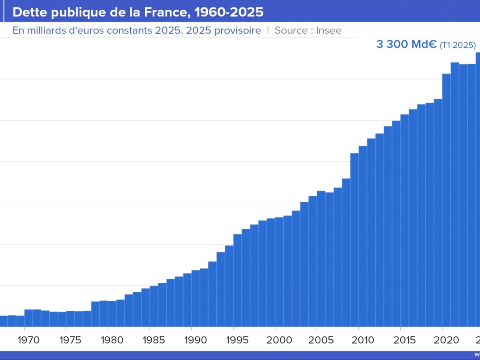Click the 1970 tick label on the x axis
28,340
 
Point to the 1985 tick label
154,340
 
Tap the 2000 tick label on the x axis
279,340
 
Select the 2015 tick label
404,340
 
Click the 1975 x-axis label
70,340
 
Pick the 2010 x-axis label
363,340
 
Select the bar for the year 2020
446,200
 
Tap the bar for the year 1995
238,280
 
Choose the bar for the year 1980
112,314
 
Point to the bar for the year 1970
28,318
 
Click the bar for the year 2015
404,220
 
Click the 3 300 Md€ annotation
406,44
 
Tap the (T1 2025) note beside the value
458,45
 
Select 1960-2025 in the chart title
229,12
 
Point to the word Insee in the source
328,30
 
